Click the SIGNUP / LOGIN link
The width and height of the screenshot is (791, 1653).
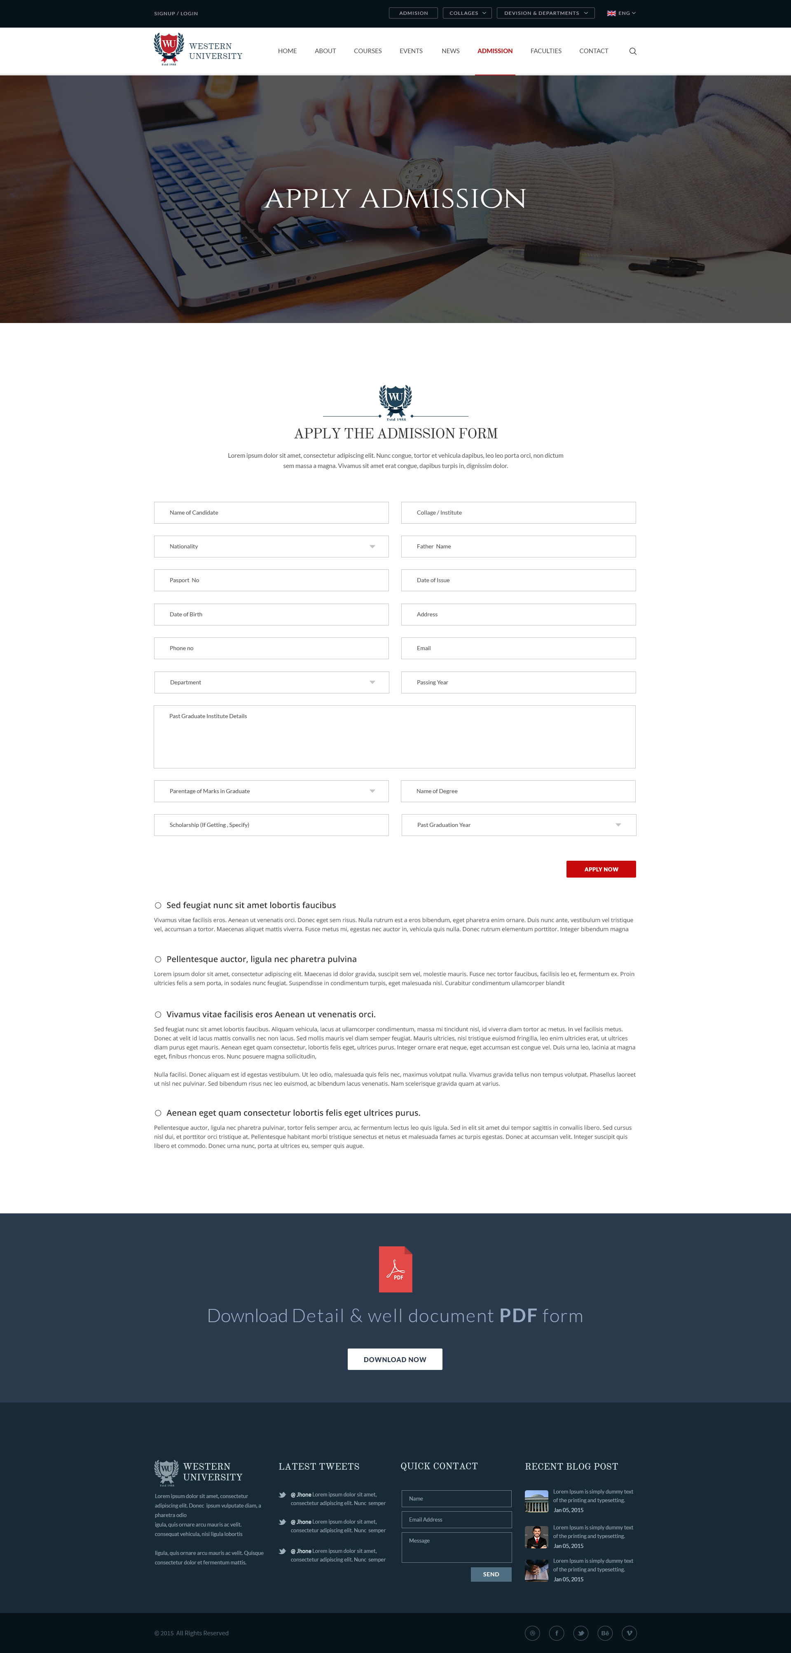click(176, 14)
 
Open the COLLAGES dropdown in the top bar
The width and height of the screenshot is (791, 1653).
click(467, 13)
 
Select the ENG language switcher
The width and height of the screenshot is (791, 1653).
click(621, 13)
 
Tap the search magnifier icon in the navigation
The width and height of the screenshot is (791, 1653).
click(632, 52)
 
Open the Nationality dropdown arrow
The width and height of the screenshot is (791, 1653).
click(372, 547)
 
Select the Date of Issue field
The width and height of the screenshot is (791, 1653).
click(518, 580)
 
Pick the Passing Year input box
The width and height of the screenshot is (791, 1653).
click(518, 682)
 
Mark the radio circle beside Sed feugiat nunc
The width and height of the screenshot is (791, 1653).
click(158, 906)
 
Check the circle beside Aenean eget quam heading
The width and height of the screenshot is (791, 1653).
click(158, 1113)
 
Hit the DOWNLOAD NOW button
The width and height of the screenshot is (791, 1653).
click(395, 1359)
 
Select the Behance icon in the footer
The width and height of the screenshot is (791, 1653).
click(604, 1633)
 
